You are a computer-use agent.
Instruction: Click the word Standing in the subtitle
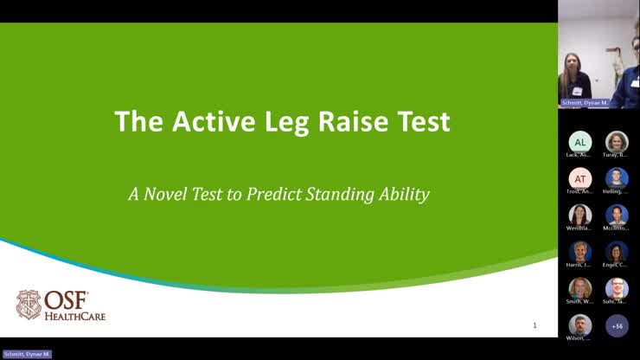tap(341, 194)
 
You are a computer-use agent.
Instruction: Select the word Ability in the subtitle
tap(404, 194)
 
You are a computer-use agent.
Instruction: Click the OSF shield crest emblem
tap(29, 305)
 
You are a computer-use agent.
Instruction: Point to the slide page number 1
tap(534, 325)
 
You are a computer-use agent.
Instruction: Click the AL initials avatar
tap(579, 142)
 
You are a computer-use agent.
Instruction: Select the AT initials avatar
tap(579, 178)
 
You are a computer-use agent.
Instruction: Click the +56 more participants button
tap(617, 325)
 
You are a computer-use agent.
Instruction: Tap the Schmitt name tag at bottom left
tap(27, 354)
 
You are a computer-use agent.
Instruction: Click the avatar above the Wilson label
tap(579, 325)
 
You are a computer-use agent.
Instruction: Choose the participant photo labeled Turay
tap(617, 142)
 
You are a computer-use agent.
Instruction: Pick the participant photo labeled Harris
tap(579, 252)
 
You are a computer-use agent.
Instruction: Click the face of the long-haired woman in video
tap(573, 64)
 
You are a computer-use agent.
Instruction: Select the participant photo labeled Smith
tap(579, 288)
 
